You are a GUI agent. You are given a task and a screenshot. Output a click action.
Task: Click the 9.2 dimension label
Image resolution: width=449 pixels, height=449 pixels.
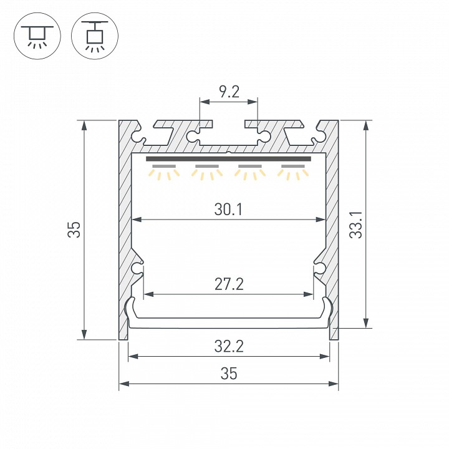click(x=229, y=92)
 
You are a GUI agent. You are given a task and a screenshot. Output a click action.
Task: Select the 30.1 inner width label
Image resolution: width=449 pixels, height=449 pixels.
click(x=228, y=210)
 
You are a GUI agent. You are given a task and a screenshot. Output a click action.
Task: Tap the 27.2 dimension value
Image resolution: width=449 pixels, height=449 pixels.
click(x=229, y=284)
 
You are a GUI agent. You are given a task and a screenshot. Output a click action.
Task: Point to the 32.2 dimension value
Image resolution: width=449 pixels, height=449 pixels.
click(x=229, y=347)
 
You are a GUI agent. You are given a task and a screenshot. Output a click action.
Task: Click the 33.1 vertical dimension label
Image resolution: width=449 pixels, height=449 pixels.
click(x=356, y=224)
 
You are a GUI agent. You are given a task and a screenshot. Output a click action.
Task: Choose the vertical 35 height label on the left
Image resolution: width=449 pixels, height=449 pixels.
click(x=74, y=229)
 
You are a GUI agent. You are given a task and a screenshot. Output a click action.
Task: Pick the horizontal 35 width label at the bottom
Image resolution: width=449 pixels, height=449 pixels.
click(x=229, y=374)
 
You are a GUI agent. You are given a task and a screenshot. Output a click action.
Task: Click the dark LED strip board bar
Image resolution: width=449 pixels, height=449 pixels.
click(x=228, y=159)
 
